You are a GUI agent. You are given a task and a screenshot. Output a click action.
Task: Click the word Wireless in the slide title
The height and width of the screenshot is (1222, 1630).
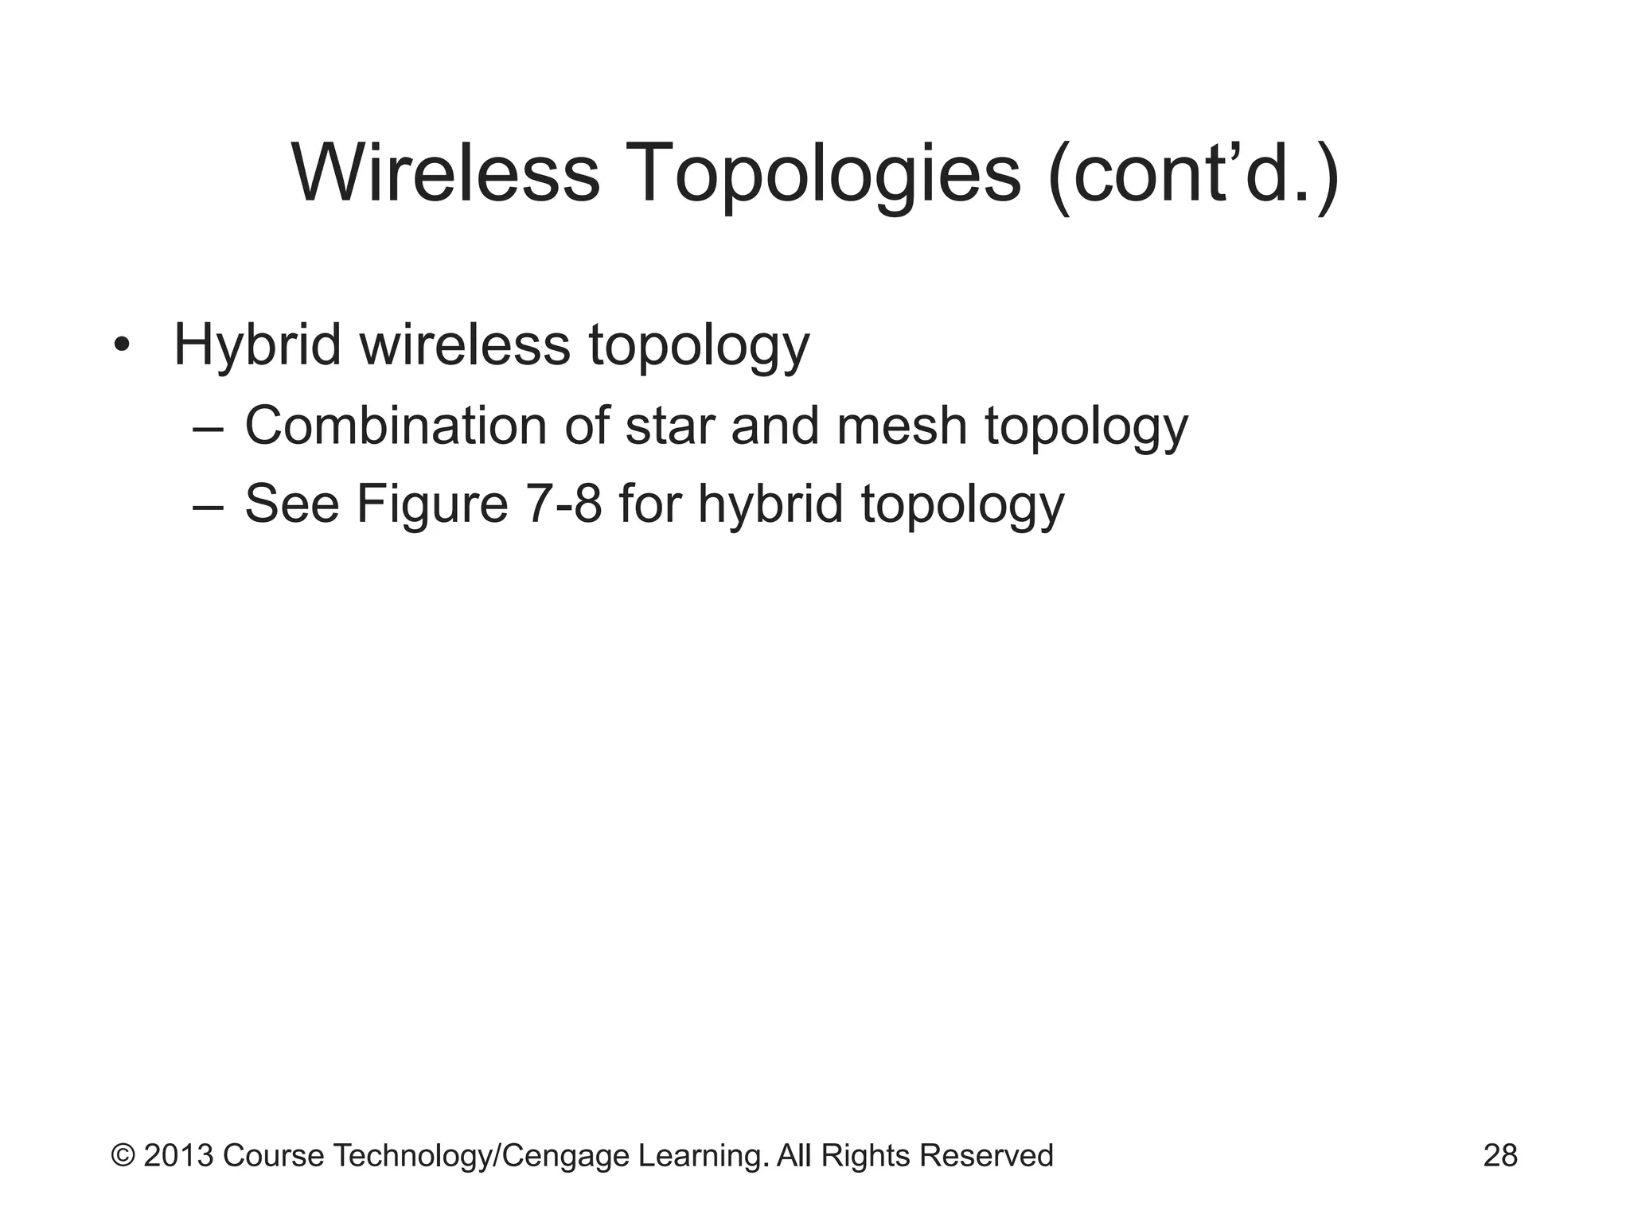click(x=446, y=173)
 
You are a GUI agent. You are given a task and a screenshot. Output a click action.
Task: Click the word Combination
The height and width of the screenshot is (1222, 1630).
click(x=396, y=425)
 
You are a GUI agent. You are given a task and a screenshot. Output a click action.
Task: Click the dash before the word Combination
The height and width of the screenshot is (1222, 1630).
click(x=208, y=427)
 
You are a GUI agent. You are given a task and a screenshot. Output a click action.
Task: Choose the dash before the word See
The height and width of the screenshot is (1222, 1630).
click(x=208, y=506)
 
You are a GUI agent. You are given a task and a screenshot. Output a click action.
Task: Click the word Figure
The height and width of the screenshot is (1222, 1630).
click(x=431, y=504)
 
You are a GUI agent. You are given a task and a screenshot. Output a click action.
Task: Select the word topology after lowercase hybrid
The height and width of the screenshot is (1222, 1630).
click(x=962, y=506)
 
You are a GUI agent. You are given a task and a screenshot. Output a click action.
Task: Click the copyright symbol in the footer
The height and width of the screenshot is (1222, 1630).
click(x=123, y=1155)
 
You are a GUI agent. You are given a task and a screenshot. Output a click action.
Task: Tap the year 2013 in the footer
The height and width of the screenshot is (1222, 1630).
click(x=178, y=1155)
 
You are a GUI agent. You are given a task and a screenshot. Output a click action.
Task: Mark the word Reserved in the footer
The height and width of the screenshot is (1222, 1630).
click(x=986, y=1155)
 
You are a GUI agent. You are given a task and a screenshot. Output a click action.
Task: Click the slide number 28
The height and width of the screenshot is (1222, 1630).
click(x=1500, y=1155)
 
